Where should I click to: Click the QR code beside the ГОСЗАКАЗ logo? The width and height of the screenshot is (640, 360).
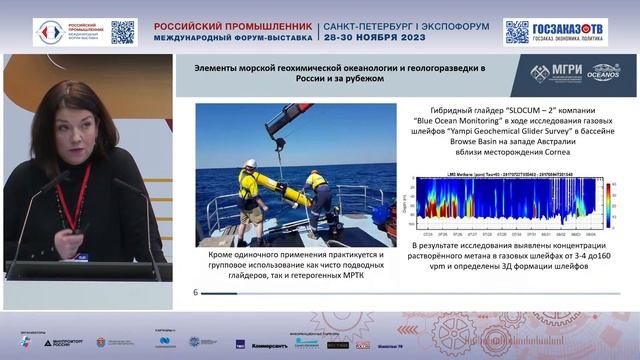click(516, 31)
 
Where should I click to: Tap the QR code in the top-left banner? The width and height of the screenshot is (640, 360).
click(122, 31)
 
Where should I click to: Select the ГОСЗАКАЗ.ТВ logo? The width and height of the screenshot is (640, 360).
click(571, 31)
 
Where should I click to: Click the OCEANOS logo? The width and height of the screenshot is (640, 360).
click(604, 72)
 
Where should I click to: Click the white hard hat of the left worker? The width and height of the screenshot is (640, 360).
click(251, 163)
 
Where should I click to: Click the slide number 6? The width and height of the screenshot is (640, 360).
click(195, 292)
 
